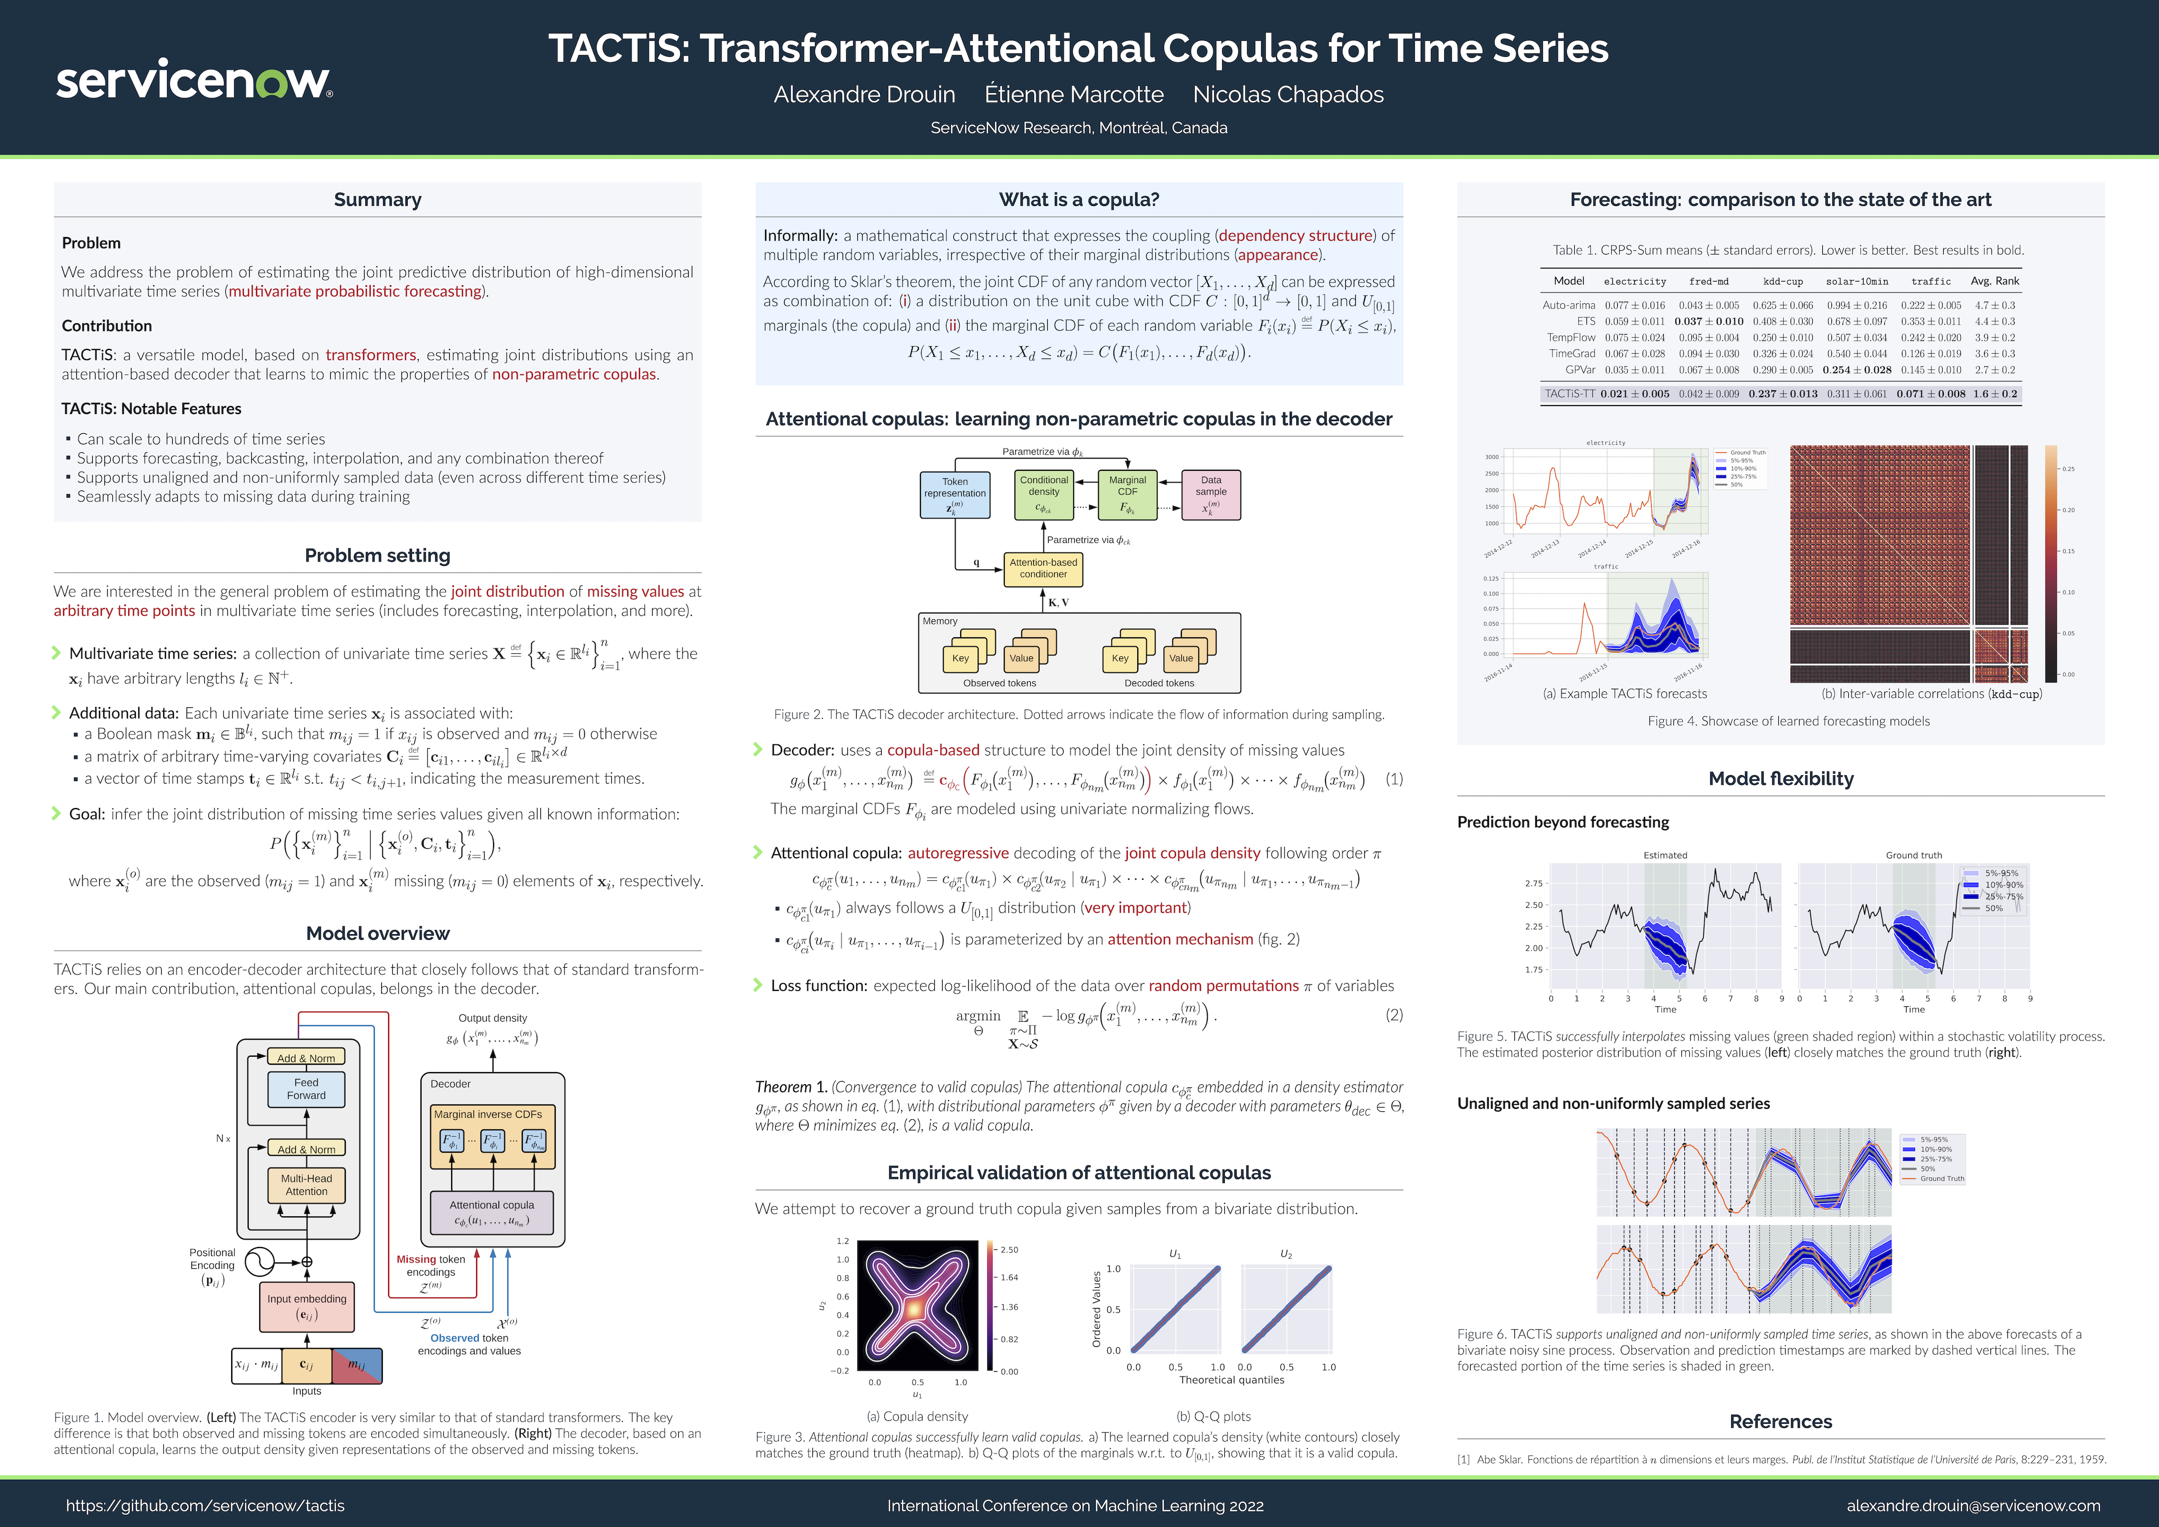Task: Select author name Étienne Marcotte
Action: [x=1074, y=95]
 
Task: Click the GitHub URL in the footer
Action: [x=205, y=1505]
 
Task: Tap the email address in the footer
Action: [x=1973, y=1505]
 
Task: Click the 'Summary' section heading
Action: [x=377, y=199]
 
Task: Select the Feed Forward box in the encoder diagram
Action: [x=306, y=1089]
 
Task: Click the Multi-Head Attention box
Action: [x=306, y=1184]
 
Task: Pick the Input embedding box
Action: [x=306, y=1306]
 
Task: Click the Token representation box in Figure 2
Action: [x=954, y=495]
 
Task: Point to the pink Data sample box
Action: [x=1211, y=495]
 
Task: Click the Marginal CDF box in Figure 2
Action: [x=1127, y=495]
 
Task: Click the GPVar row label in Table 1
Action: [x=1580, y=370]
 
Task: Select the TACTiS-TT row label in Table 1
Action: [x=1569, y=394]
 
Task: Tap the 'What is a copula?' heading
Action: [x=1078, y=199]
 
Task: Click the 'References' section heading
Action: [x=1780, y=1421]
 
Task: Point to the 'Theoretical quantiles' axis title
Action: [x=1231, y=1380]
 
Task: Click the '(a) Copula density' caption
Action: [x=917, y=1416]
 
